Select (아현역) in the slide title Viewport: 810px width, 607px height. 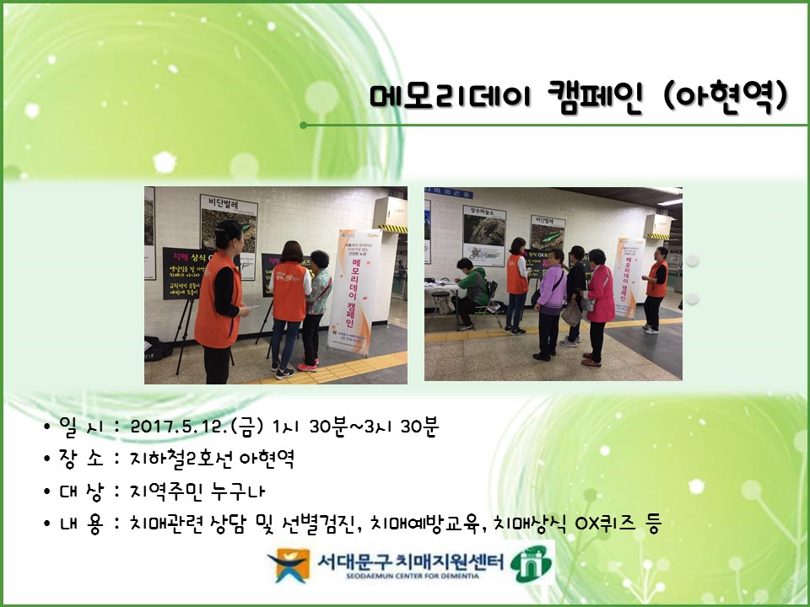coord(727,96)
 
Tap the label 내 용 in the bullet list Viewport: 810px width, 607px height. coord(81,524)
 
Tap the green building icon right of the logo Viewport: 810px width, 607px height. coord(532,562)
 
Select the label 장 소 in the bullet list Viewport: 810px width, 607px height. coord(81,459)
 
